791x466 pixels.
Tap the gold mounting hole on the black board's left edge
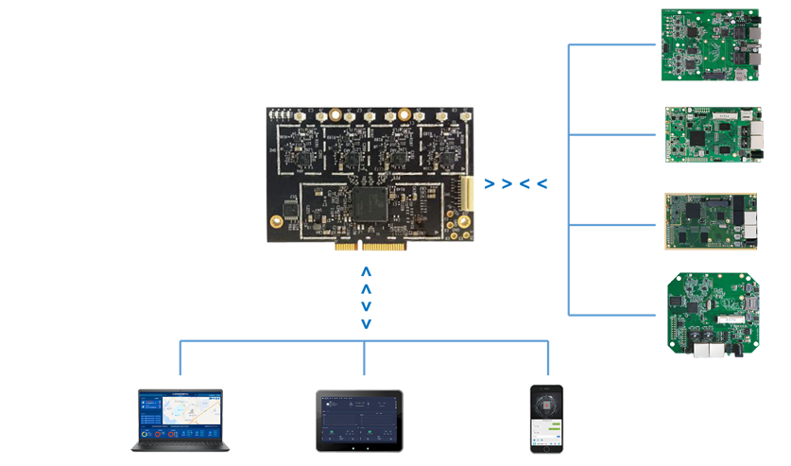(276, 223)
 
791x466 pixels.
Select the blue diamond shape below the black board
(367, 297)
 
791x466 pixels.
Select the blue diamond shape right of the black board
(517, 181)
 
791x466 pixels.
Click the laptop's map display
(183, 415)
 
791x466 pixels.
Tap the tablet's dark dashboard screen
(359, 418)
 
